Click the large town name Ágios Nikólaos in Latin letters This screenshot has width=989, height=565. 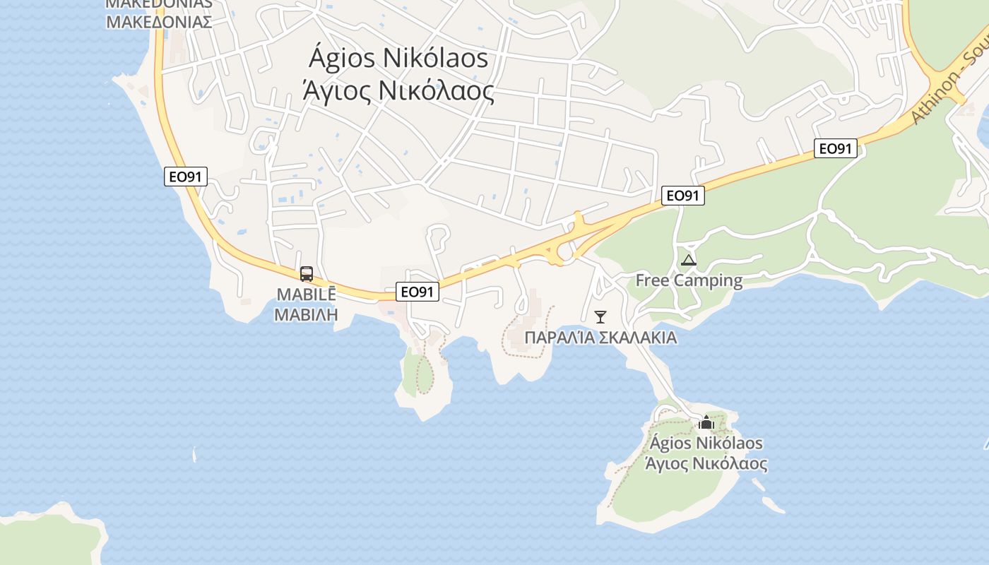[x=399, y=59]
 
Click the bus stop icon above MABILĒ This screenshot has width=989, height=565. [x=307, y=274]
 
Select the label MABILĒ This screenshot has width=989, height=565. [x=306, y=294]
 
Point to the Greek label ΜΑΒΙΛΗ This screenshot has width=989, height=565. [x=306, y=314]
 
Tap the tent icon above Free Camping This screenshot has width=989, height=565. [x=689, y=260]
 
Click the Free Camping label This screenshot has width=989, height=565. [x=689, y=280]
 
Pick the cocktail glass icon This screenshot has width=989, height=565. [x=600, y=316]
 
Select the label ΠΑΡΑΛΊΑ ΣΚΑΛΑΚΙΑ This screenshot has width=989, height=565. [x=600, y=338]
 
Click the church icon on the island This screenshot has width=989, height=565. [x=706, y=422]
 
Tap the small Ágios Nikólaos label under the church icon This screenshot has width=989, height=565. [x=706, y=444]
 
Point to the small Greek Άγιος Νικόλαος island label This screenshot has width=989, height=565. [x=706, y=464]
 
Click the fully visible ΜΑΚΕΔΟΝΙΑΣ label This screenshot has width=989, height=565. [x=159, y=21]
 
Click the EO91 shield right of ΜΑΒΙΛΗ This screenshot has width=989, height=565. [x=417, y=292]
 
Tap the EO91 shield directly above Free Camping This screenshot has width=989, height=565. [x=683, y=196]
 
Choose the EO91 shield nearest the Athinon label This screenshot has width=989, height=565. [x=836, y=148]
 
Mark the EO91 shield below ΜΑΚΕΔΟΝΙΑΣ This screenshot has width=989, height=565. [x=186, y=177]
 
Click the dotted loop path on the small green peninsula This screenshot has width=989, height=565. [x=425, y=372]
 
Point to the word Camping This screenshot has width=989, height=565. [x=709, y=280]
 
